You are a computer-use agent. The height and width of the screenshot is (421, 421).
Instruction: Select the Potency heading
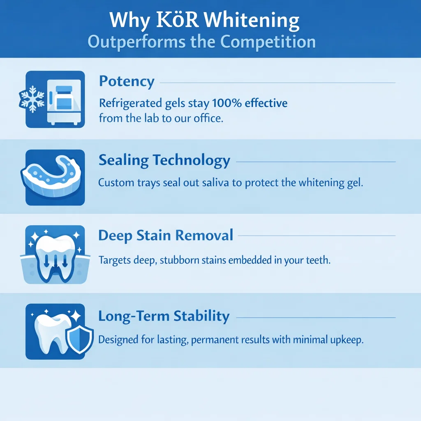coord(127,81)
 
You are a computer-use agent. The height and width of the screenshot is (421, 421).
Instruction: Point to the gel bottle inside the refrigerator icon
coord(63,99)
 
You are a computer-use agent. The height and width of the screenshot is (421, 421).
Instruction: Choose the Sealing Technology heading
coord(164,160)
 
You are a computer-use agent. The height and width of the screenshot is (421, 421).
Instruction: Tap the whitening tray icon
coord(55,178)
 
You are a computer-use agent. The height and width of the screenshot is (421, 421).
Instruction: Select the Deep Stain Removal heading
coord(166,236)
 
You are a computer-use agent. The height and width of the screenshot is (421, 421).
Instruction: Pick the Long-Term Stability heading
coord(164,316)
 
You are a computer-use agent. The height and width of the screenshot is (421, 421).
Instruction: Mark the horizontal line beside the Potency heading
coord(278,83)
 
